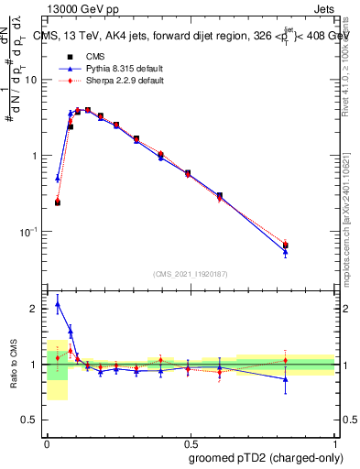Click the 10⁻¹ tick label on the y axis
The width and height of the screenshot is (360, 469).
(32, 232)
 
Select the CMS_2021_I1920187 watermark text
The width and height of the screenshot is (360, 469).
(190, 274)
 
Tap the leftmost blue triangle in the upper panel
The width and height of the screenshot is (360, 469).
(57, 179)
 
